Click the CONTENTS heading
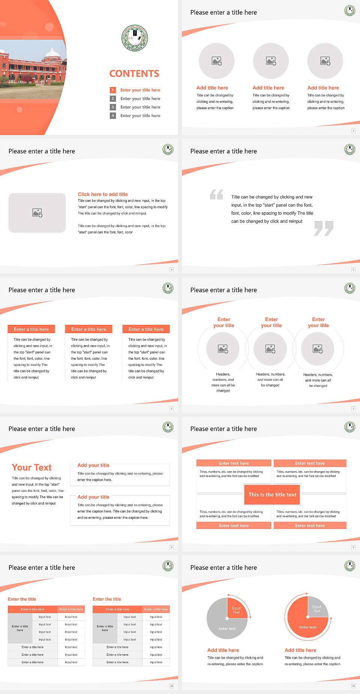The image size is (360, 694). [x=134, y=74]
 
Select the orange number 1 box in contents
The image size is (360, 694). [x=112, y=90]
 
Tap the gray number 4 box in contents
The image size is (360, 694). [x=112, y=116]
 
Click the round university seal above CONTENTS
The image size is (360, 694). [x=135, y=38]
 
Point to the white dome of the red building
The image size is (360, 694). [x=52, y=53]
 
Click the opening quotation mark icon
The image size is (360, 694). [x=216, y=194]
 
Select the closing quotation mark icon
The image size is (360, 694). [x=324, y=228]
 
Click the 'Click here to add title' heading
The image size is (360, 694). [x=103, y=194]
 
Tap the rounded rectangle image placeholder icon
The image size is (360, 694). [x=37, y=213]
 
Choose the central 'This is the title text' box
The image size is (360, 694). [x=272, y=494]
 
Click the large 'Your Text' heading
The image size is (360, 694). [x=32, y=467]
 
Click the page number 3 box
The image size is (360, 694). [x=353, y=131]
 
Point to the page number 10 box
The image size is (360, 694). [x=172, y=686]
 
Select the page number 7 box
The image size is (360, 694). [x=353, y=409]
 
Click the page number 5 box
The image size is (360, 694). [x=353, y=270]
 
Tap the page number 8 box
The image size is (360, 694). [x=172, y=547]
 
